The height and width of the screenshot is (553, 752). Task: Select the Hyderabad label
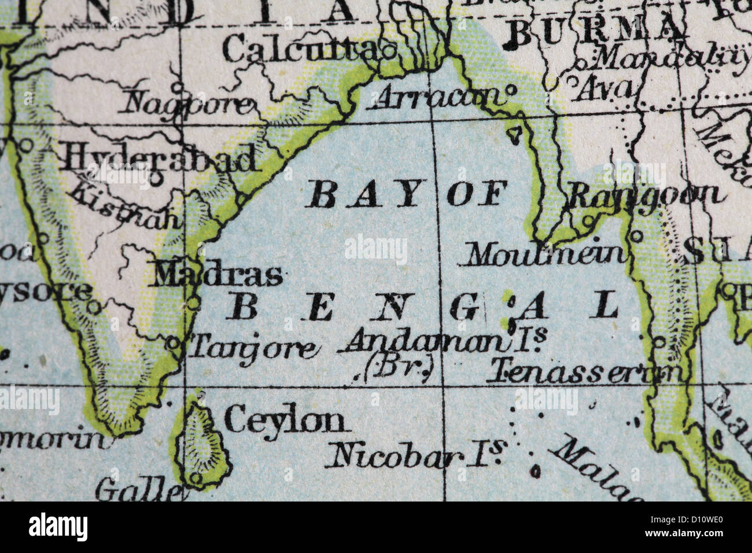[x=159, y=158]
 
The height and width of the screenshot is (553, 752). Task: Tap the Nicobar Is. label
[x=415, y=455]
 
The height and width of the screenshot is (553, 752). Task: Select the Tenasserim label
[x=584, y=373]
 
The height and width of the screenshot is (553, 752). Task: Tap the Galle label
[x=138, y=491]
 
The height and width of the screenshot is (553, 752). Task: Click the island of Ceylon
[x=202, y=443]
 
